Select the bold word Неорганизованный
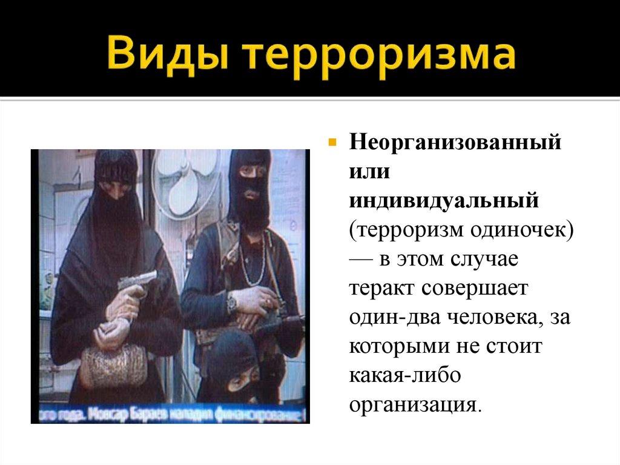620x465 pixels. [453, 145]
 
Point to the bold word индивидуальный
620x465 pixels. [443, 201]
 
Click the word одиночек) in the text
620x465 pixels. [520, 230]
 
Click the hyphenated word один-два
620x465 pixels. [394, 316]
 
